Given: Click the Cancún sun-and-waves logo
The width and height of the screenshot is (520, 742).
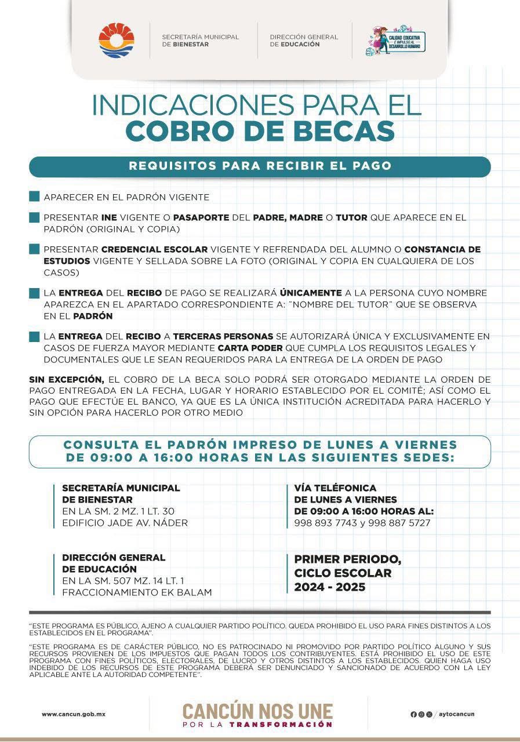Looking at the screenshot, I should [117, 41].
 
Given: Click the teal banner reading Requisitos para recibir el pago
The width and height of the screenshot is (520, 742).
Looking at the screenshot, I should [260, 166].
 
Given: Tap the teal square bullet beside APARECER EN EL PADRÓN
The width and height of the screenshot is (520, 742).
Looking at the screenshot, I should [34, 197].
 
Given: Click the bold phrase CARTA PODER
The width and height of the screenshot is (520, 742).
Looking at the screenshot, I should [250, 348].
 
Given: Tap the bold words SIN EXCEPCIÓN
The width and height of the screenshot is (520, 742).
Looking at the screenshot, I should [66, 380].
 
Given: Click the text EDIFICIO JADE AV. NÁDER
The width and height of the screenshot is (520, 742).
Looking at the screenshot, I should [125, 523].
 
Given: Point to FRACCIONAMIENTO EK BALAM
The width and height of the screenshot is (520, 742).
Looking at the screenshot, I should [137, 592].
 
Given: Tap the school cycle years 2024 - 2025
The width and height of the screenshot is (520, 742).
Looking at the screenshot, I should [329, 587].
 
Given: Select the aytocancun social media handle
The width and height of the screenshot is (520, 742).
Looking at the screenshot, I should [456, 714].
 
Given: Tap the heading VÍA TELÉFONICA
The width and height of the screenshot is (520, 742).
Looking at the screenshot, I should [335, 488].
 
